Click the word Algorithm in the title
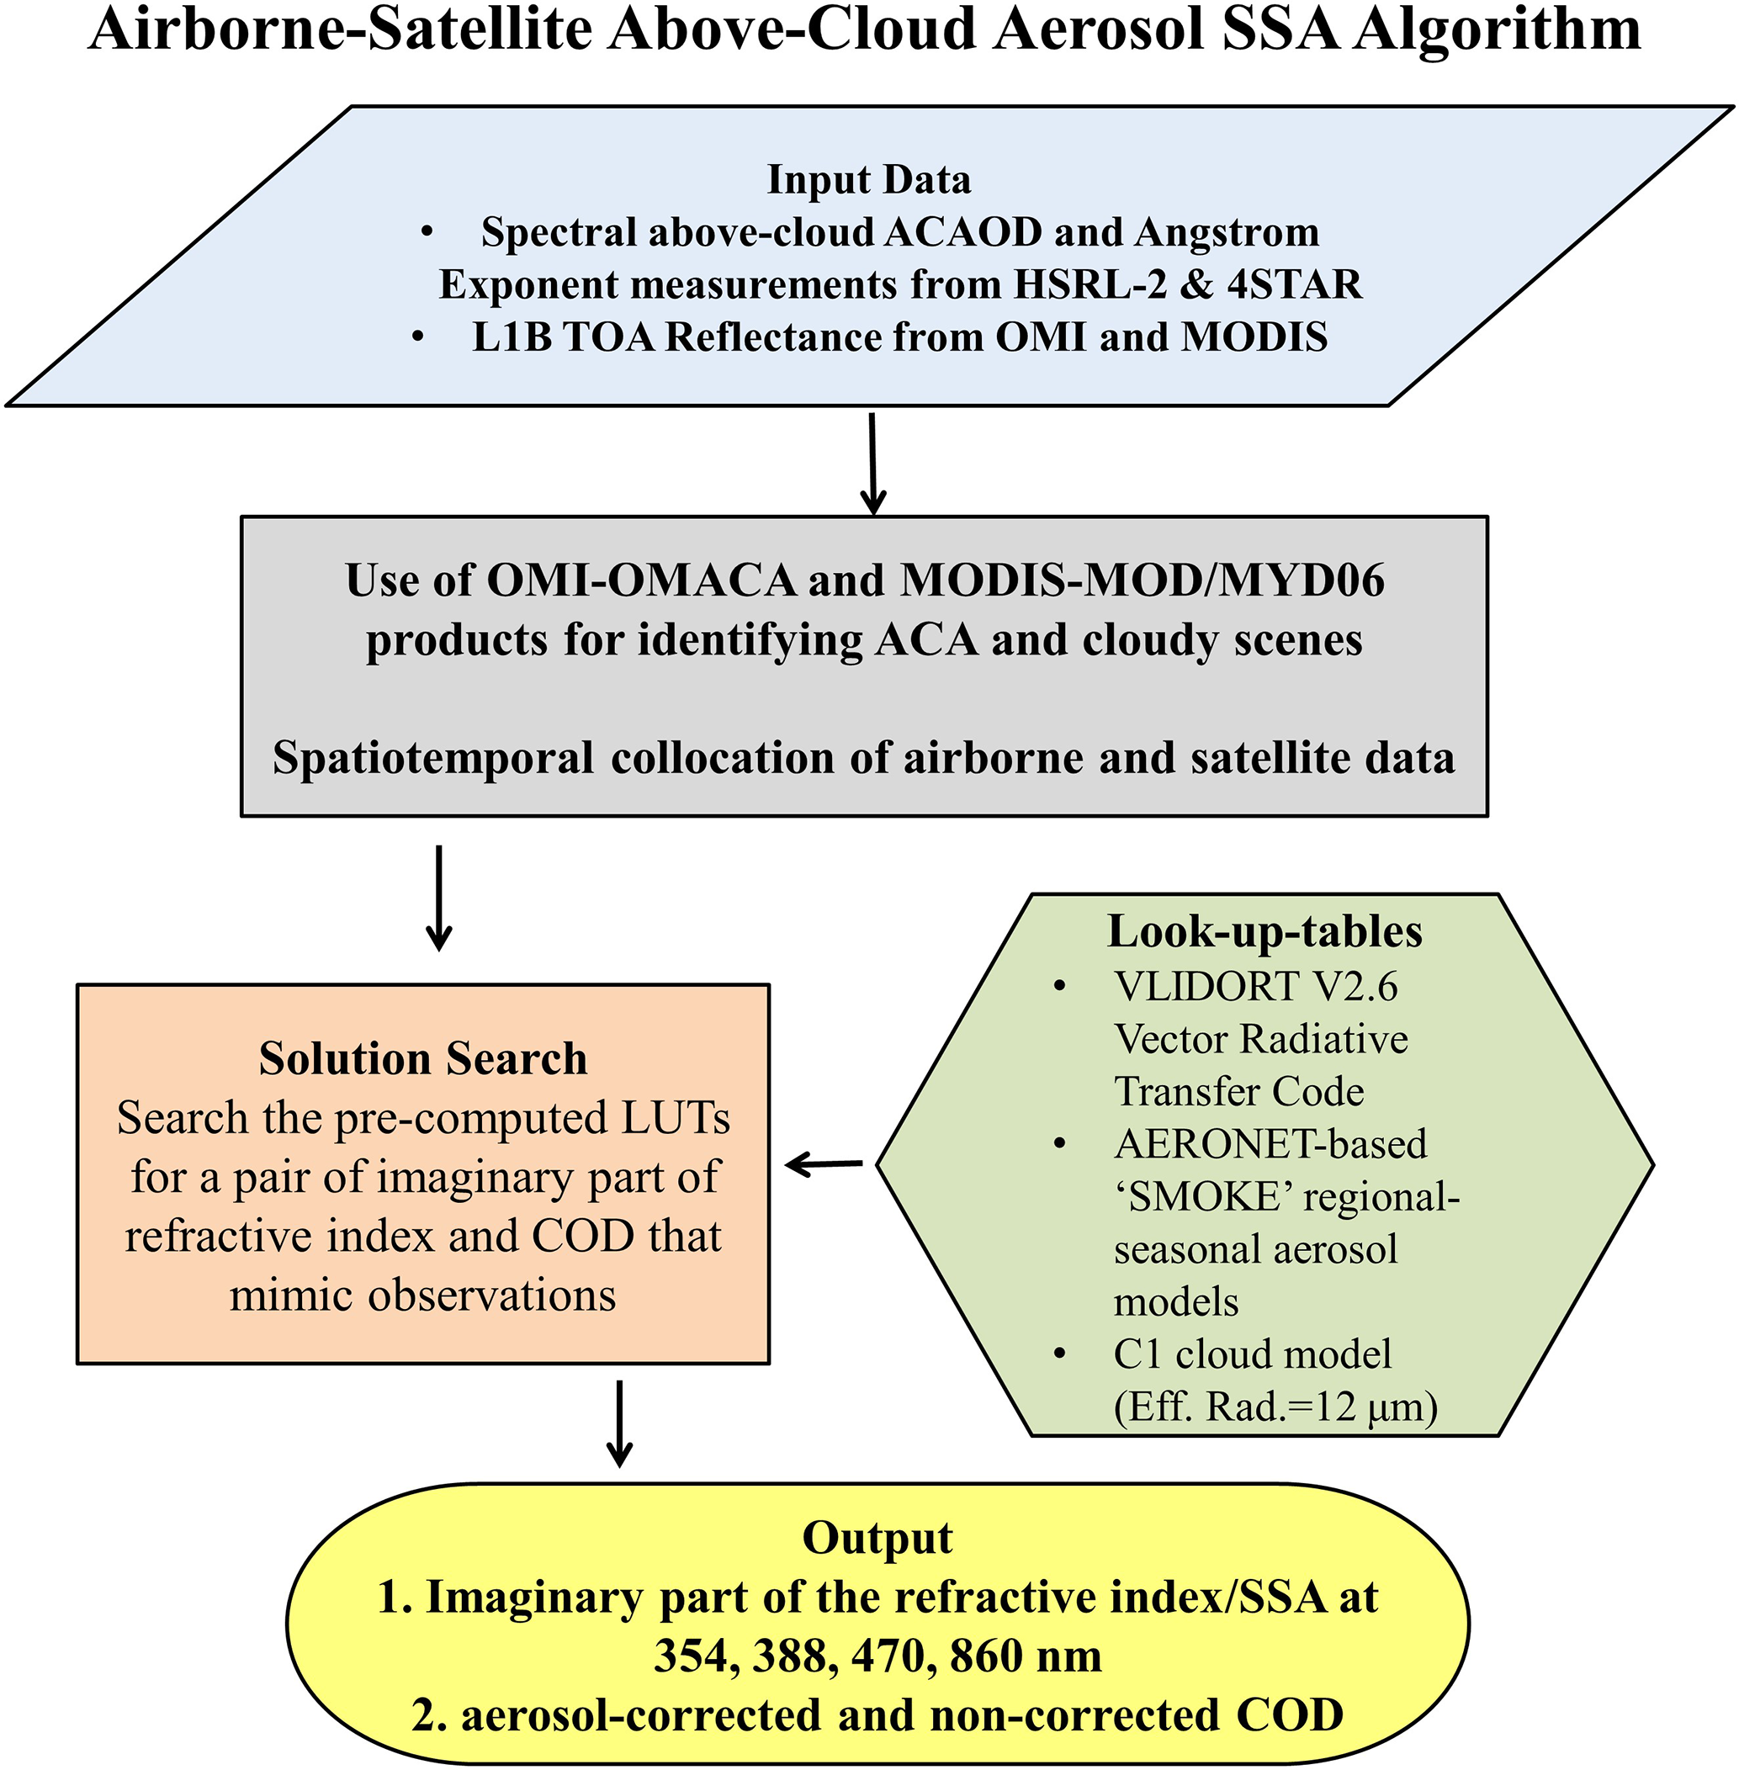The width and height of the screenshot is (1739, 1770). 1497,29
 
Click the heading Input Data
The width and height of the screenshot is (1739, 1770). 868,179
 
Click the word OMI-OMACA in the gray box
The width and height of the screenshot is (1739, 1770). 641,580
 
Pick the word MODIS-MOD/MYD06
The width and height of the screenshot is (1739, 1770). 1143,580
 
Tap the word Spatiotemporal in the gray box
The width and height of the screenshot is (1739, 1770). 433,758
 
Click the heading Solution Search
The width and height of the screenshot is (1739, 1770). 423,1058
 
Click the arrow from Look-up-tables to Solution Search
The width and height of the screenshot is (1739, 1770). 824,1164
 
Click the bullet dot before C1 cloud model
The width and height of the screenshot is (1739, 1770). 1059,1353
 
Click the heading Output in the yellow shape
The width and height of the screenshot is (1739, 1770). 877,1538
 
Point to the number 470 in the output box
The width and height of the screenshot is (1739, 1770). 888,1656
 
